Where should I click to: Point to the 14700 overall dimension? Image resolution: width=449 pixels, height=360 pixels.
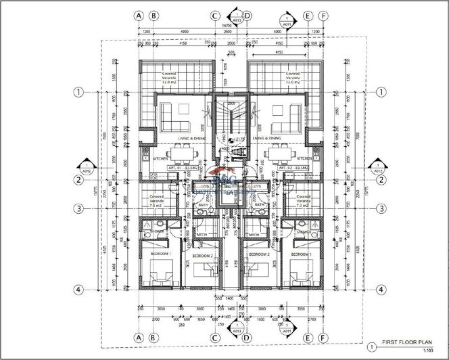pyautogui.click(x=232, y=24)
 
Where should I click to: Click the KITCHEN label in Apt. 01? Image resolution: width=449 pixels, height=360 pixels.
pyautogui.click(x=160, y=158)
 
